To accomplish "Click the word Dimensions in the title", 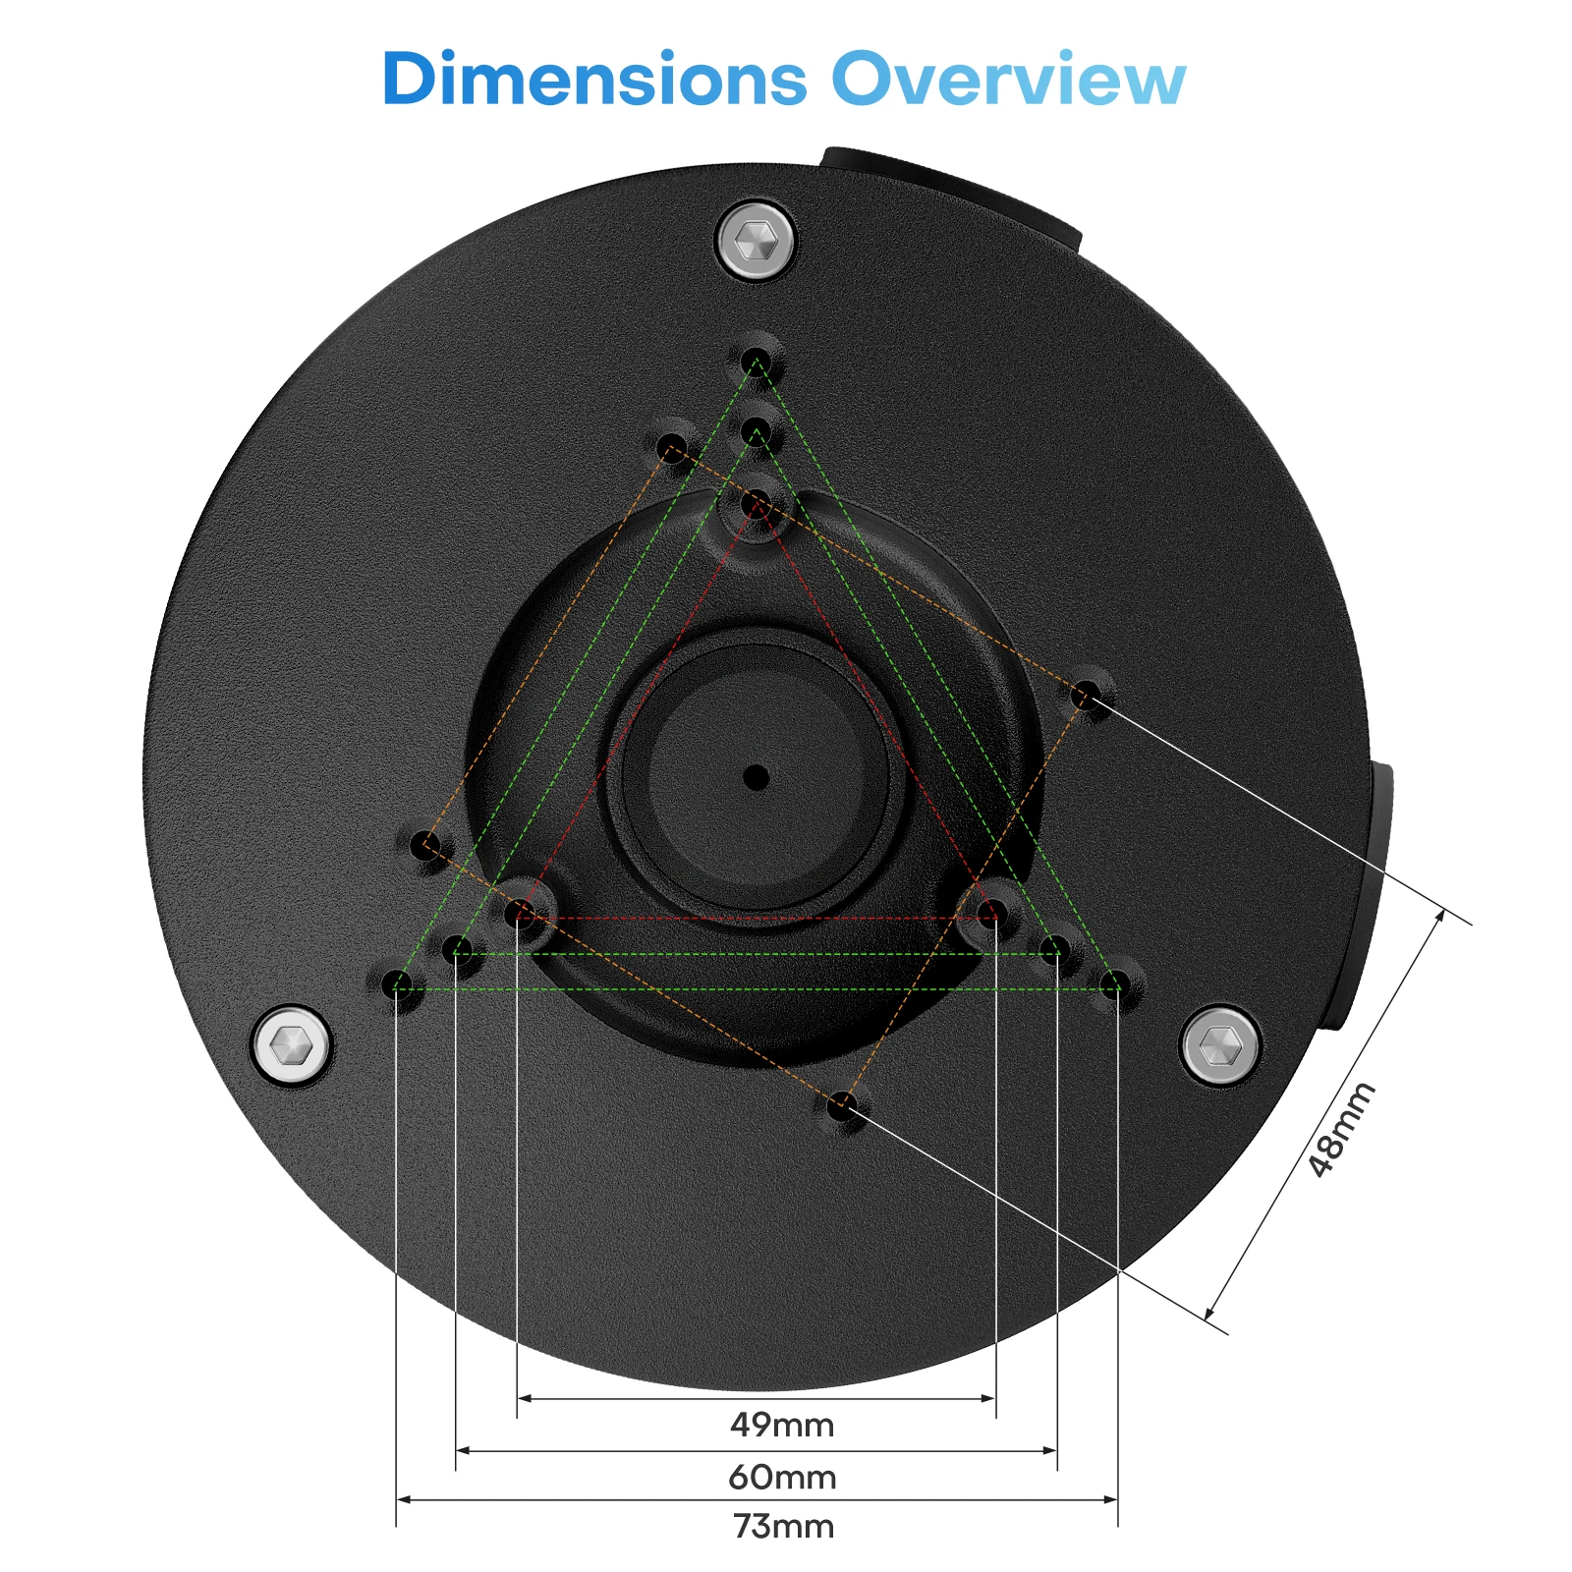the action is (x=594, y=79).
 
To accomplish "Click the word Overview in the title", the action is (x=1009, y=79).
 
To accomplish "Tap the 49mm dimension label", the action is (x=782, y=1425).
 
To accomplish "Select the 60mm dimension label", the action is (x=782, y=1477).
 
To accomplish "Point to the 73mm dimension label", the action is (x=783, y=1527).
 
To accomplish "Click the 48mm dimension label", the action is (x=1341, y=1130).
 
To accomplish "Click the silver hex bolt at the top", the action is (x=756, y=240).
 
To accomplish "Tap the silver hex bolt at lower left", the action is (x=291, y=1045).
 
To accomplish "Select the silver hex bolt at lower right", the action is (x=1219, y=1045).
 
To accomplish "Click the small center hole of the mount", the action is (x=756, y=778).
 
